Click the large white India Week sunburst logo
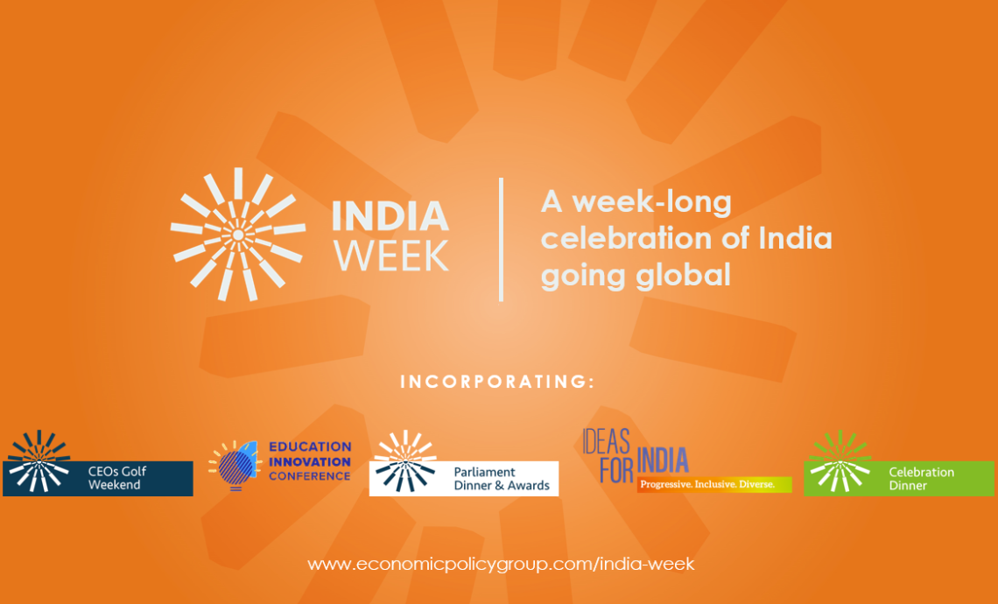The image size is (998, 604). pyautogui.click(x=237, y=235)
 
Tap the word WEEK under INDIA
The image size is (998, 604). pyautogui.click(x=391, y=256)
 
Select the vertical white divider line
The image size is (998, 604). pyautogui.click(x=502, y=239)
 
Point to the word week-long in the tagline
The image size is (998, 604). pyautogui.click(x=651, y=201)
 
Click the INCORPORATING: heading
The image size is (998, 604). pyautogui.click(x=498, y=382)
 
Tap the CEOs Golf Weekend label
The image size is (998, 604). pyautogui.click(x=117, y=478)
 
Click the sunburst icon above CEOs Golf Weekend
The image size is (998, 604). pyautogui.click(x=39, y=461)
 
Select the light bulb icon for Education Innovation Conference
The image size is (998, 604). pyautogui.click(x=235, y=465)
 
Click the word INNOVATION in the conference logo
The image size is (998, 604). pyautogui.click(x=309, y=461)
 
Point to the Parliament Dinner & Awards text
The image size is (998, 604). pyautogui.click(x=501, y=479)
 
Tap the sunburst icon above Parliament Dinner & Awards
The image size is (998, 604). pyautogui.click(x=405, y=461)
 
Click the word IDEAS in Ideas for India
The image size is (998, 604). pyautogui.click(x=606, y=441)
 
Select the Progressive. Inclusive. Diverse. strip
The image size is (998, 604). pyautogui.click(x=714, y=484)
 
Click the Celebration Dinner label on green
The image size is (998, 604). pyautogui.click(x=921, y=479)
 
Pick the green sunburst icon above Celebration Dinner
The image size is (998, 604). pyautogui.click(x=840, y=461)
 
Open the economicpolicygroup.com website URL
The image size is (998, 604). pyautogui.click(x=501, y=565)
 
